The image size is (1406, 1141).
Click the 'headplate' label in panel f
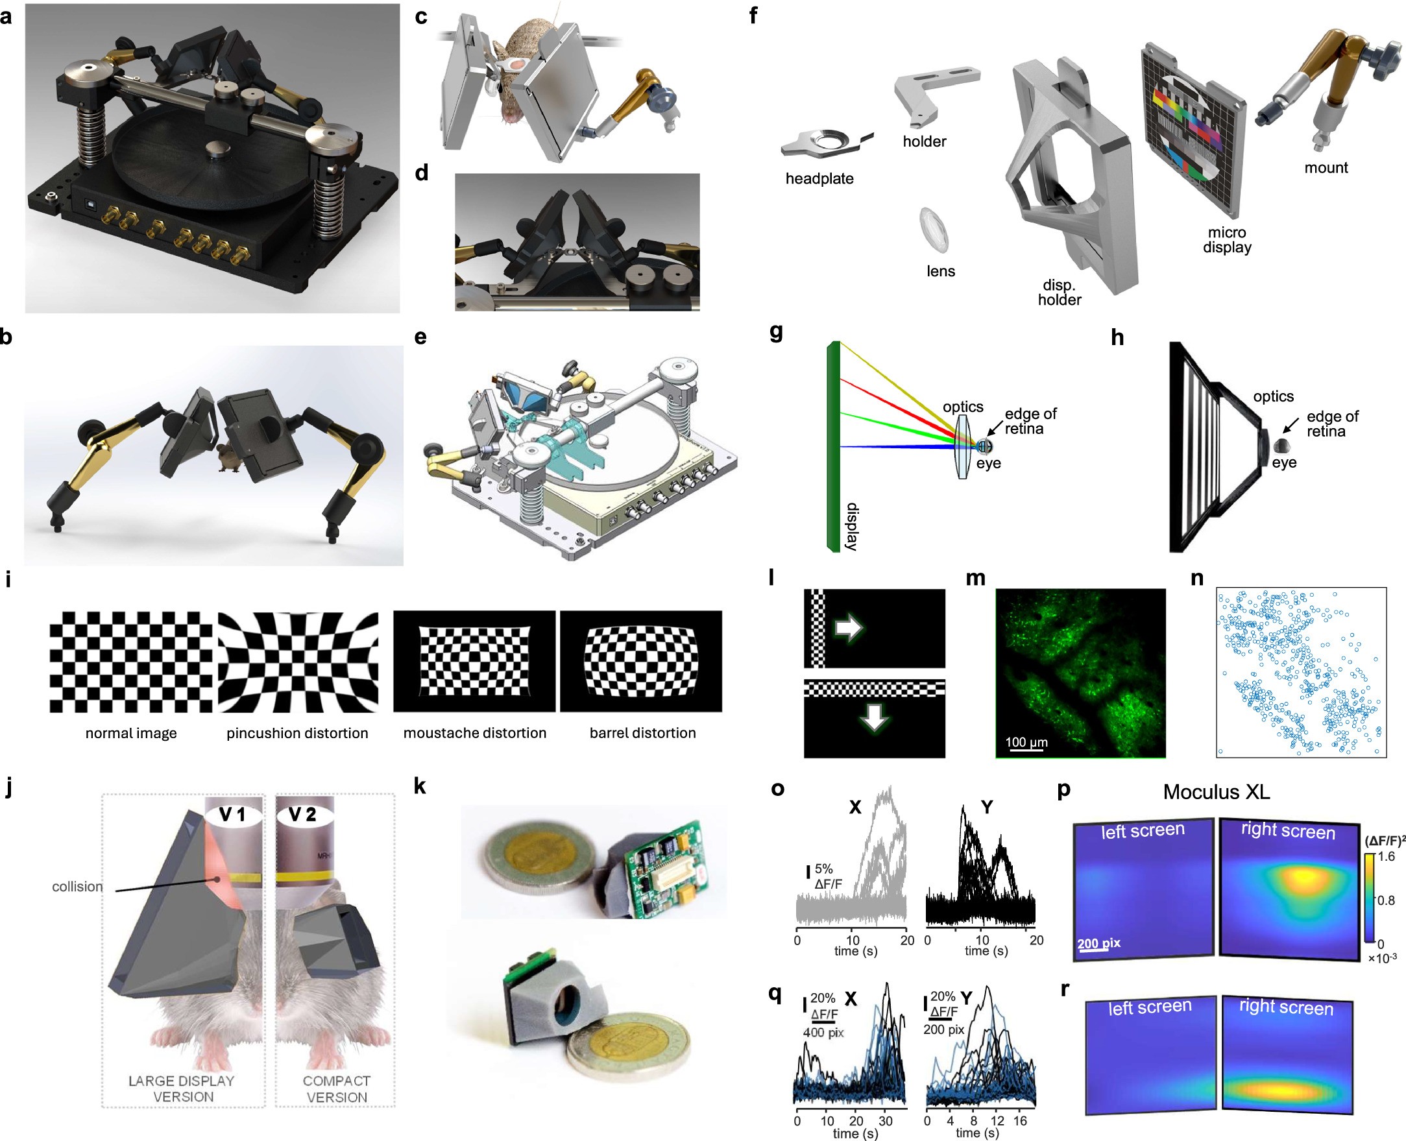click(819, 179)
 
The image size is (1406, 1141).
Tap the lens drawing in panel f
click(934, 230)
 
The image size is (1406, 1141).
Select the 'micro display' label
click(1226, 240)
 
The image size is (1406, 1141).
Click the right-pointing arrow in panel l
click(848, 628)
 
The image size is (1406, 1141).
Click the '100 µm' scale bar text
click(1026, 742)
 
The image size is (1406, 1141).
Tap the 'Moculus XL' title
click(1216, 792)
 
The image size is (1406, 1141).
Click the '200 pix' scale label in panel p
click(1099, 943)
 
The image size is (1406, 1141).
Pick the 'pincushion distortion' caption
click(297, 733)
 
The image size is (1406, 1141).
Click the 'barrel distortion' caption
click(642, 733)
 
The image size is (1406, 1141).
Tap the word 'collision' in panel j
click(77, 887)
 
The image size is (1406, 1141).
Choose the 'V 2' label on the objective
click(302, 815)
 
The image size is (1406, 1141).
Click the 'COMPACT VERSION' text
click(337, 1089)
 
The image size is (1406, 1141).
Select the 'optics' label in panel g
click(962, 407)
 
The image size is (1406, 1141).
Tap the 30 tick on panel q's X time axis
click(886, 1121)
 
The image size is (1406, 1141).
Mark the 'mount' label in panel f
click(1325, 167)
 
